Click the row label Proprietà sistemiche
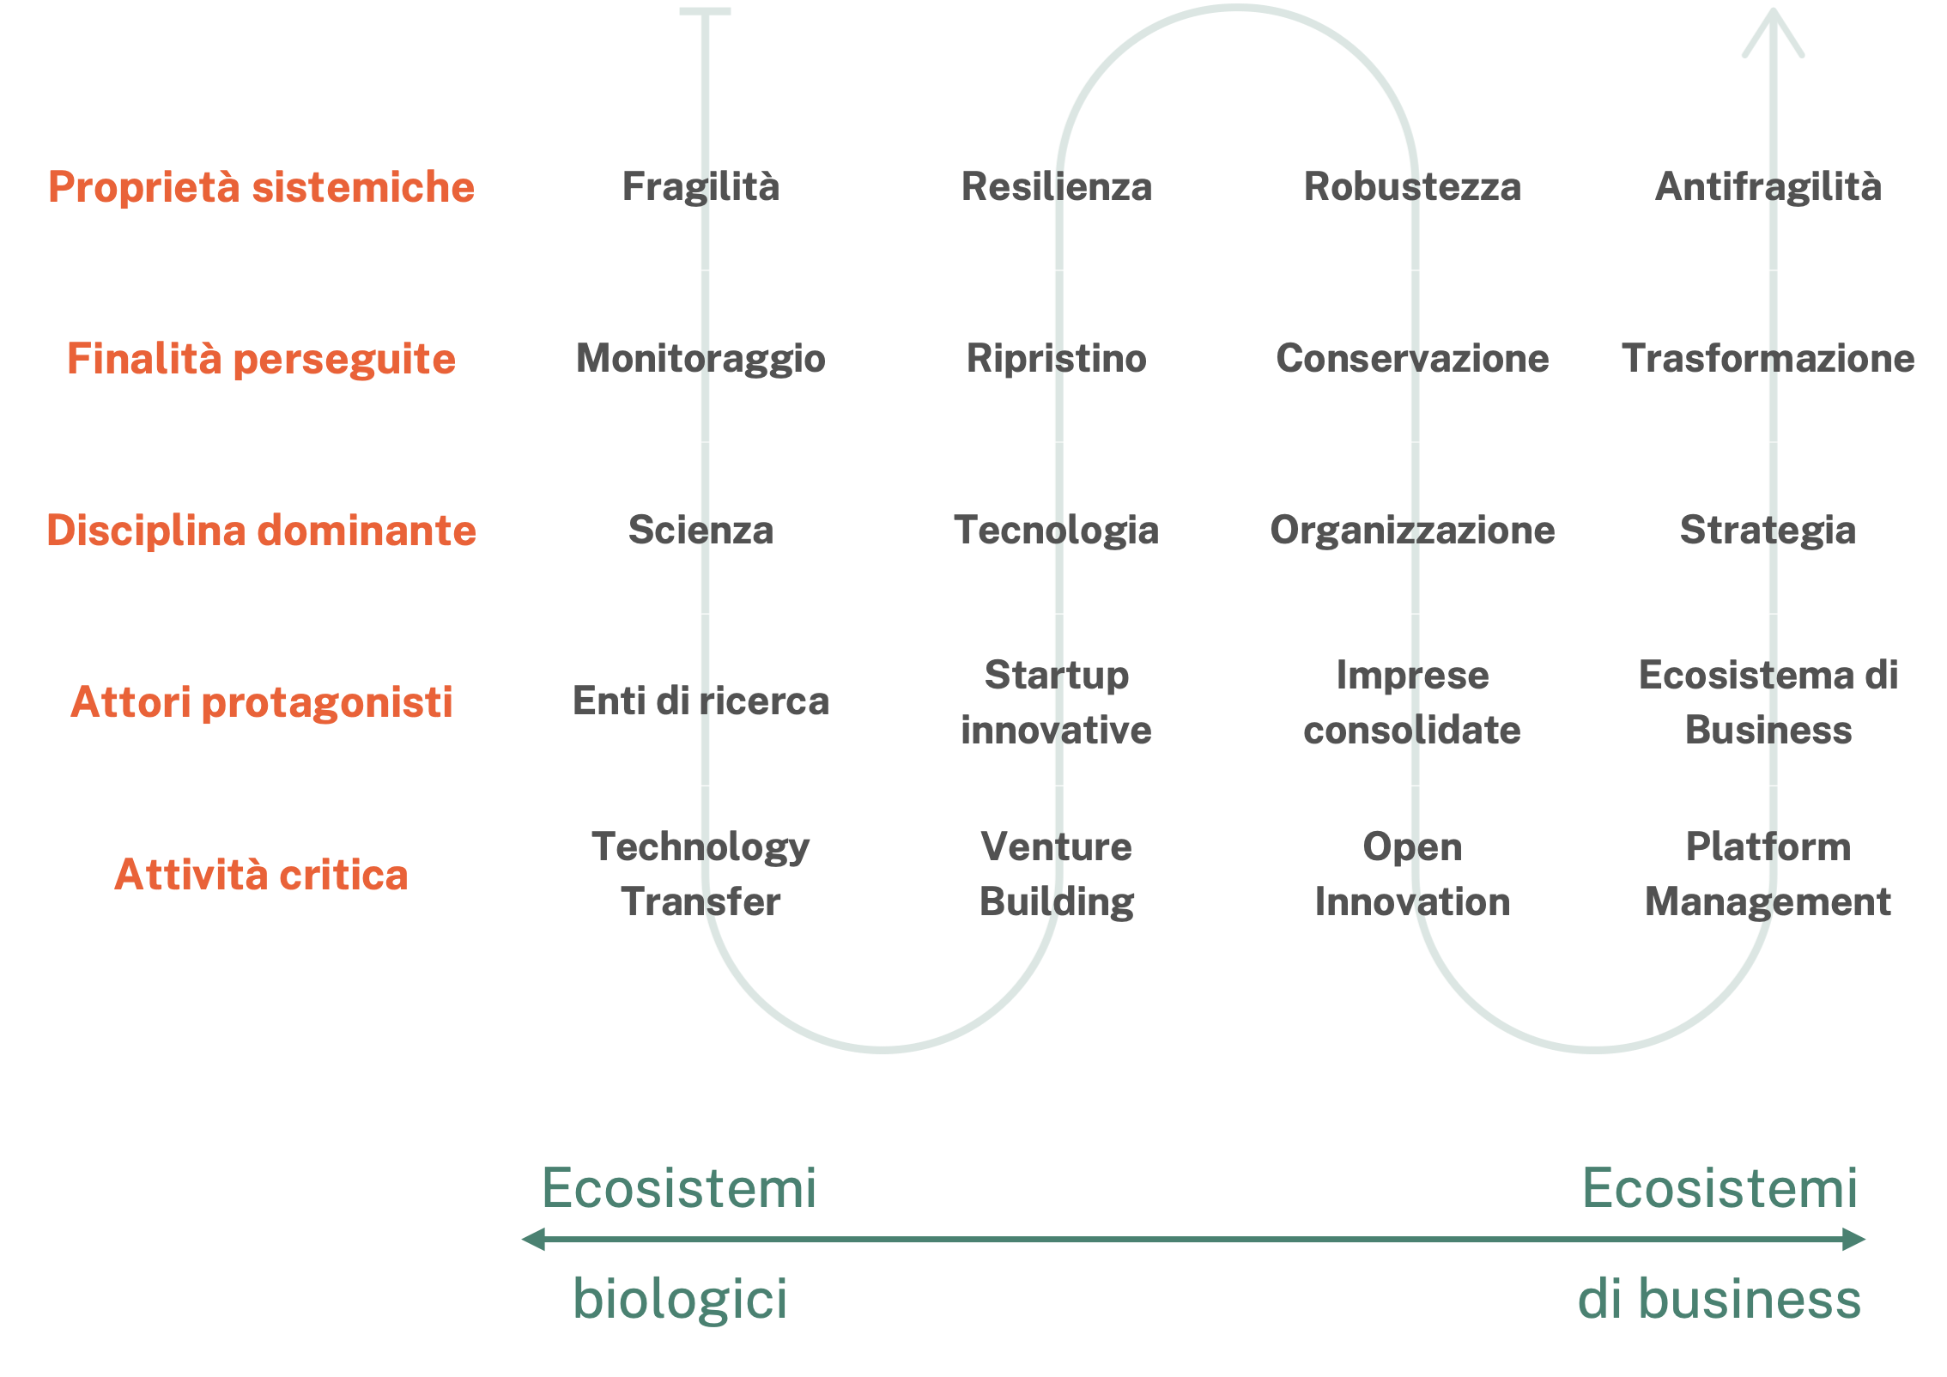261,187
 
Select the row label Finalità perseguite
261,359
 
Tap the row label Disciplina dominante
261,531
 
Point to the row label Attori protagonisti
261,702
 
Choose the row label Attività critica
261,875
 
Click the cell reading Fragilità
701,187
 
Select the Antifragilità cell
1768,187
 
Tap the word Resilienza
1056,187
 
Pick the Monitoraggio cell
701,359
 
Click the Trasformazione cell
1768,359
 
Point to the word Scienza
701,531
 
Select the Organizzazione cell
1412,531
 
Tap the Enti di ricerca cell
701,701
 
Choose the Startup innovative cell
1056,702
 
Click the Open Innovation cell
1412,874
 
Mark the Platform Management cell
1768,874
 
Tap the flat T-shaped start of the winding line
705,12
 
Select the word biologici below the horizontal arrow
680,1298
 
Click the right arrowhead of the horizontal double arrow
1854,1240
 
